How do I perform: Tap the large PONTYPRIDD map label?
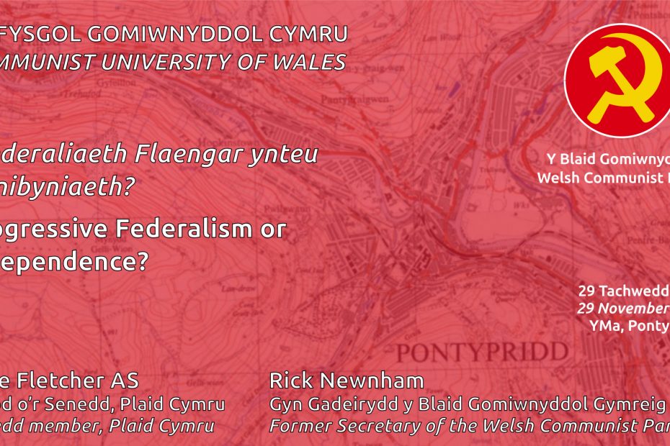pyautogui.click(x=481, y=353)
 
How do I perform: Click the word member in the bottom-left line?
pyautogui.click(x=79, y=426)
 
